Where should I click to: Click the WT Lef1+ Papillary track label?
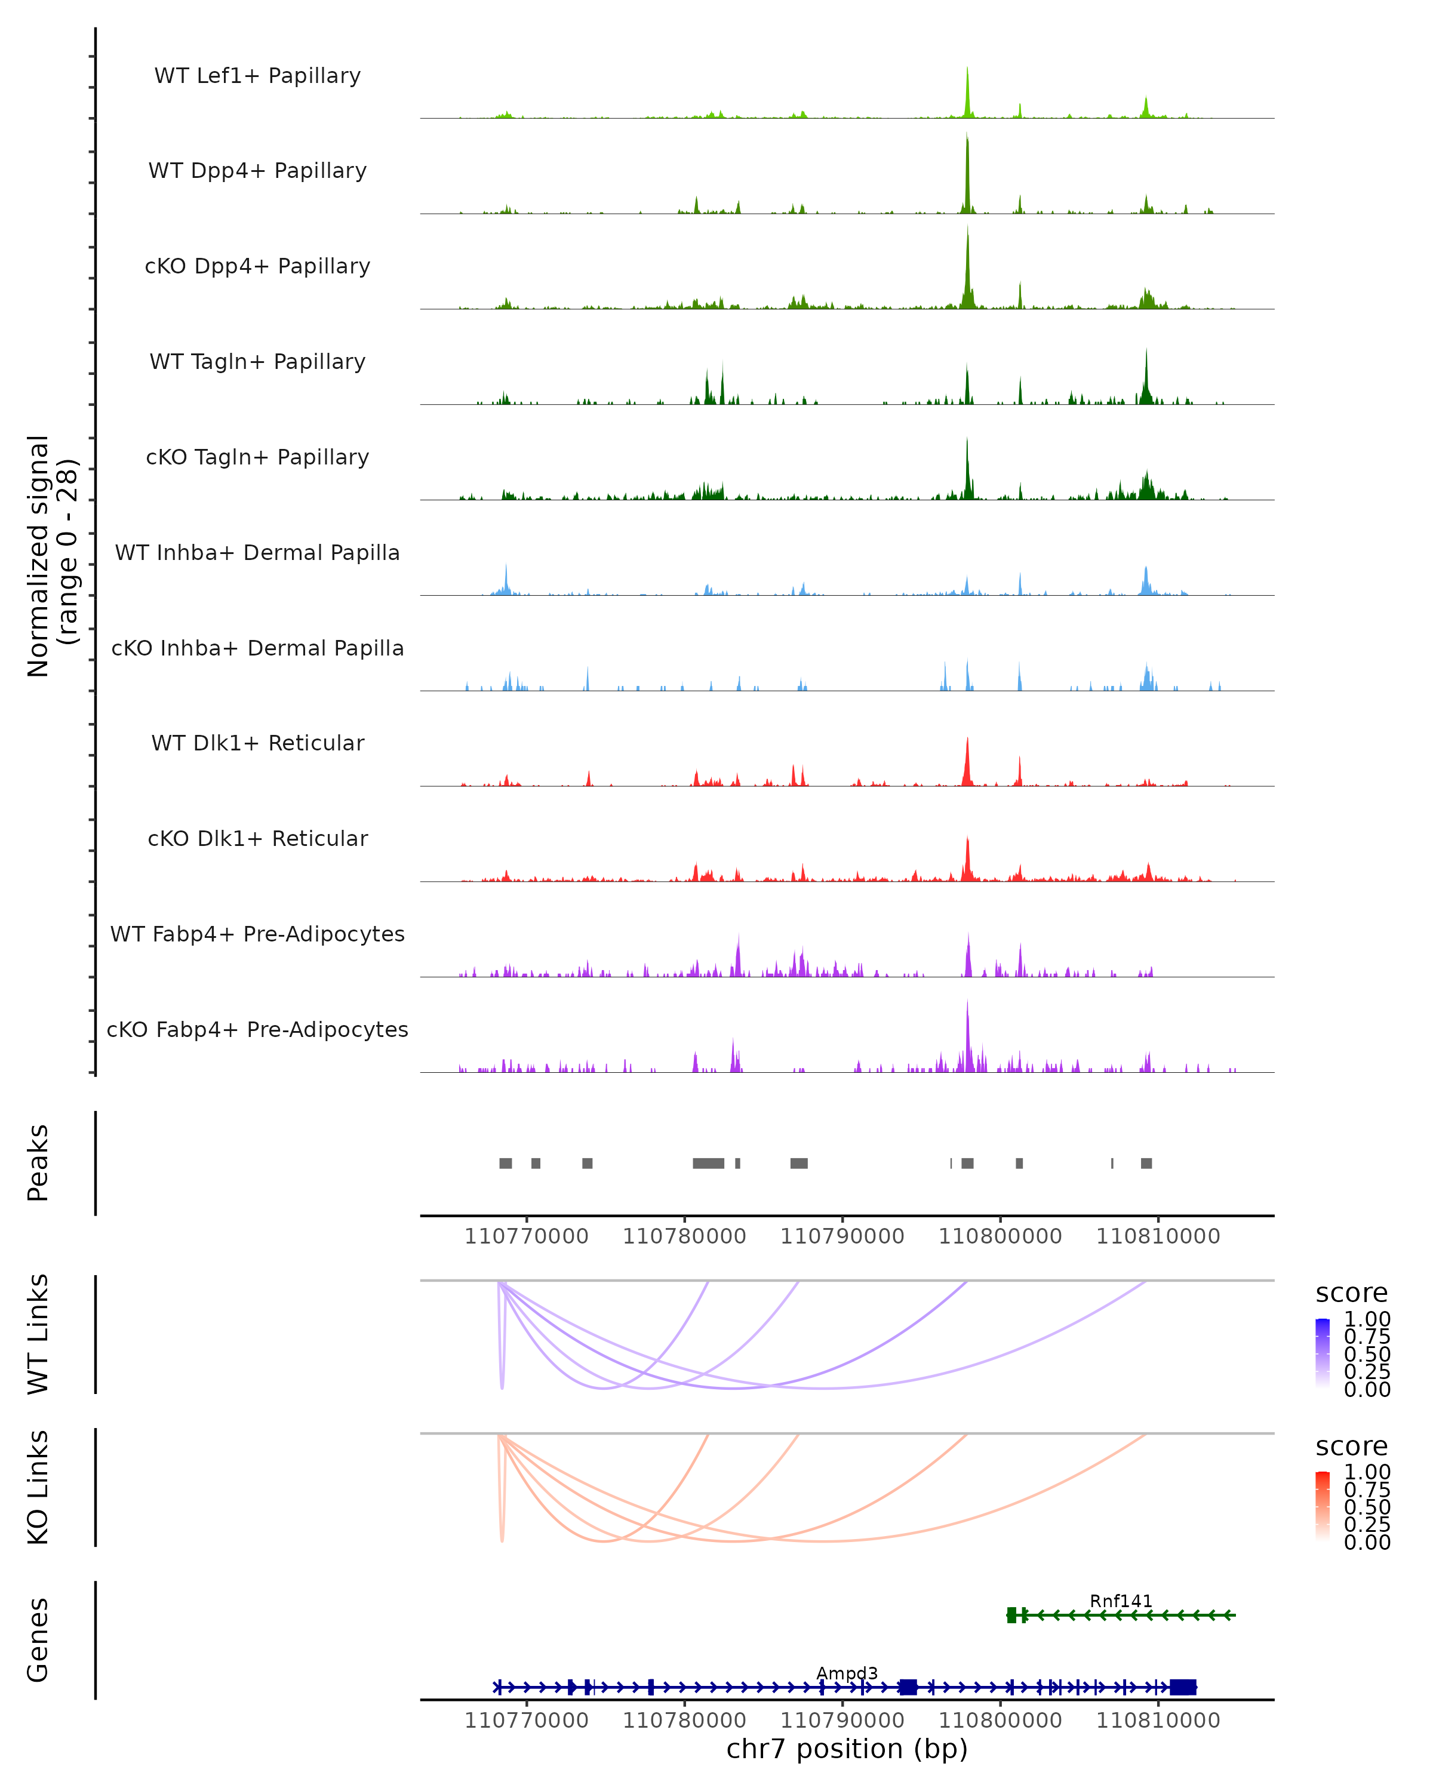tap(257, 76)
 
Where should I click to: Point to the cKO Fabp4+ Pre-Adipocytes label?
tap(257, 1029)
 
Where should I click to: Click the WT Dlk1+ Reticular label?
tap(257, 743)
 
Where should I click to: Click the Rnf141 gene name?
tap(1121, 1601)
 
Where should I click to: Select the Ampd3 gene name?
tap(847, 1673)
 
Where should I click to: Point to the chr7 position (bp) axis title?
tap(847, 1749)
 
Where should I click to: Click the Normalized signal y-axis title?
tap(51, 556)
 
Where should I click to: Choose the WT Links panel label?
tap(38, 1334)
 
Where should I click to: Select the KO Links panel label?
tap(38, 1487)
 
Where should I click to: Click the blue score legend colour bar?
tap(1323, 1352)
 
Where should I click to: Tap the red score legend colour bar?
tap(1323, 1505)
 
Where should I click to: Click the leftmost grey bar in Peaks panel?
tap(505, 1163)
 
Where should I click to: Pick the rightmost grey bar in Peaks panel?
tap(1146, 1163)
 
